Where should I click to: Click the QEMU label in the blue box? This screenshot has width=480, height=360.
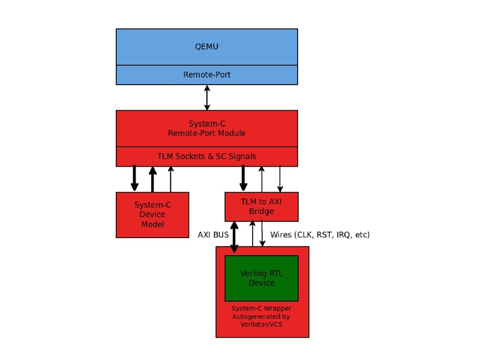[206, 46]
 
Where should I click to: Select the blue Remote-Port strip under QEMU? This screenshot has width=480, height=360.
[206, 75]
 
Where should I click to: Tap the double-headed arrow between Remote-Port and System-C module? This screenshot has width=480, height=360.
[207, 97]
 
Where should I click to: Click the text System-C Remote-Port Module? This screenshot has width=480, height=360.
[206, 128]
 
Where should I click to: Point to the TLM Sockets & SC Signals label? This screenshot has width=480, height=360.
[206, 157]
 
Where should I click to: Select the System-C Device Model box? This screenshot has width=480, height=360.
[152, 215]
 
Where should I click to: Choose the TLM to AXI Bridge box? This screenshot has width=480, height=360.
[261, 206]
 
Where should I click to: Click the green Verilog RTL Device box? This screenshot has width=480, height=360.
[261, 278]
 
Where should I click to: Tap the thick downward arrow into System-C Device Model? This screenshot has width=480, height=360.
[134, 179]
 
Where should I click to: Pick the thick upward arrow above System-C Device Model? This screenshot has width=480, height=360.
[152, 179]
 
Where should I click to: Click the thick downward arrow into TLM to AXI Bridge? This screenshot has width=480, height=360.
[243, 179]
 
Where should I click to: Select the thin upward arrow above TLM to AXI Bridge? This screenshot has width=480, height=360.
[261, 179]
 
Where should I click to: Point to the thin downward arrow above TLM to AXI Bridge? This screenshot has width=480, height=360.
[280, 179]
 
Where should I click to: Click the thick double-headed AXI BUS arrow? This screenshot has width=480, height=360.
[234, 237]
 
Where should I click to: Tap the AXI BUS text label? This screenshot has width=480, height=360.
[213, 235]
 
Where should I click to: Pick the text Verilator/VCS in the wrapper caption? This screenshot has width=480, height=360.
[261, 325]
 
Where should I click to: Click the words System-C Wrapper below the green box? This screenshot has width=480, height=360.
[261, 309]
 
